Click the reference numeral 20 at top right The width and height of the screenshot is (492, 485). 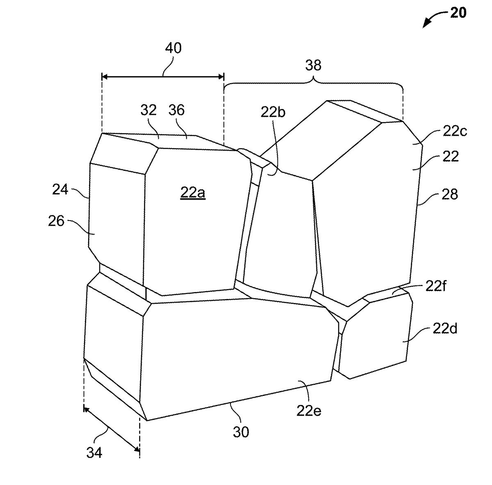click(458, 13)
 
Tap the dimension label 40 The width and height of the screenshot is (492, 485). click(173, 48)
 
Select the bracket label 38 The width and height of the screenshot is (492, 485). click(313, 65)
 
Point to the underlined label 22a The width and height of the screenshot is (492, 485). click(193, 192)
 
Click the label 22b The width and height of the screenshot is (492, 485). click(273, 112)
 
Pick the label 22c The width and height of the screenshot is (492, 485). click(455, 131)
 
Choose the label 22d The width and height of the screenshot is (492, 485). click(445, 328)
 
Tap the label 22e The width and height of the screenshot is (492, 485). click(309, 411)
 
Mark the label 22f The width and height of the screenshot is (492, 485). click(436, 286)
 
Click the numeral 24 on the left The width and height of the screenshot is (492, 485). click(60, 190)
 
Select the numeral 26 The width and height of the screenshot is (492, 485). click(56, 221)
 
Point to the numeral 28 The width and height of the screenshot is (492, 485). click(450, 194)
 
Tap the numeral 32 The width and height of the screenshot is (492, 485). click(148, 110)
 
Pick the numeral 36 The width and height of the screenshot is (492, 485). click(176, 110)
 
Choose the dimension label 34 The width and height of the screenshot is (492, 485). click(94, 453)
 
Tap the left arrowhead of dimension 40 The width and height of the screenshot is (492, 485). click(105, 76)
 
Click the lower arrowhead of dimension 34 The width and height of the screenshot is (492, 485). click(137, 449)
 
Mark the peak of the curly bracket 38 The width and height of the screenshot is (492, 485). click(313, 80)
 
